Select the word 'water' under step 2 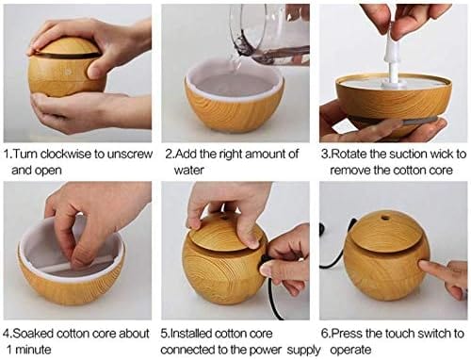(184, 171)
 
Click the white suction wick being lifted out (394, 57)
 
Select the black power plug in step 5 (266, 270)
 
